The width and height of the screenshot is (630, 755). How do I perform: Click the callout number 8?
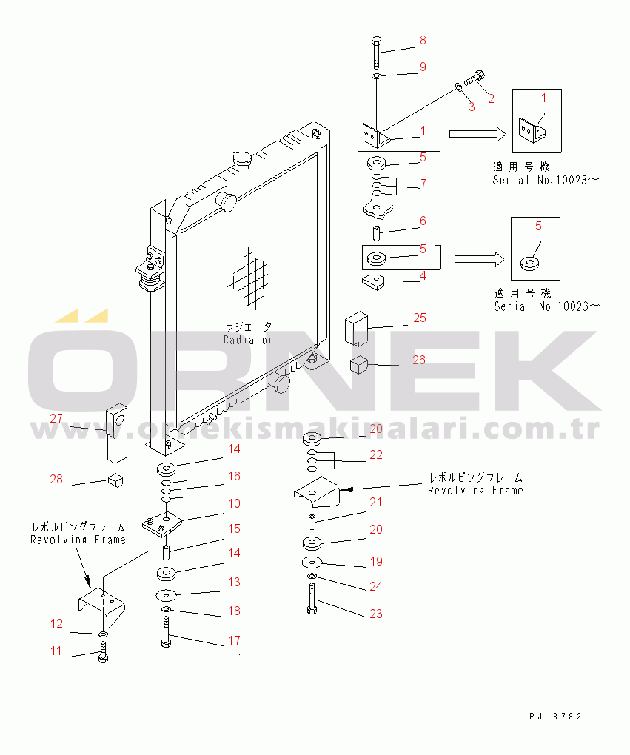point(423,40)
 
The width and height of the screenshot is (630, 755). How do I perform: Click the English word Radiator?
point(249,340)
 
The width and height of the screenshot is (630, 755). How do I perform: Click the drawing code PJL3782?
point(555,717)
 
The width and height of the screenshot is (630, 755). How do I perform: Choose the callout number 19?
point(376,562)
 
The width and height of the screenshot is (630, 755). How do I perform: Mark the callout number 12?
point(57,623)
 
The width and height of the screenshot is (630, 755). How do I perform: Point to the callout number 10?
point(234,504)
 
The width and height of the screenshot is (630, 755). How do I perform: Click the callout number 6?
point(423,221)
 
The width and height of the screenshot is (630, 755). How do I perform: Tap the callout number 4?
point(423,276)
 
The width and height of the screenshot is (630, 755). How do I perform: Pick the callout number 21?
point(376,503)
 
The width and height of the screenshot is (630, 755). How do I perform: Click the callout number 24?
point(376,586)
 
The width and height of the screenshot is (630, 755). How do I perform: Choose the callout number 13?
point(234,583)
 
